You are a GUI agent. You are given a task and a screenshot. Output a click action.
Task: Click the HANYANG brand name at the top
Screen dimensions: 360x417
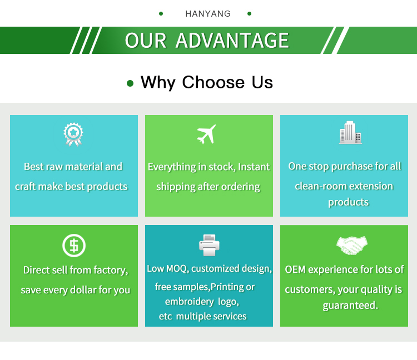click(x=208, y=14)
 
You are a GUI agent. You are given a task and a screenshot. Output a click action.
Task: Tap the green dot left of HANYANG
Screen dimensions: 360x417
click(x=161, y=13)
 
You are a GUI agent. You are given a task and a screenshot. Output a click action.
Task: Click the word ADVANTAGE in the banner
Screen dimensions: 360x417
click(x=232, y=41)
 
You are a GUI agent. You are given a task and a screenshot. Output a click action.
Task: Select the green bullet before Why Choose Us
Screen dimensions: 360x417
click(x=130, y=83)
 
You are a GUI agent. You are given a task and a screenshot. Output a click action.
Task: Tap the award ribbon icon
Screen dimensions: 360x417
click(x=73, y=134)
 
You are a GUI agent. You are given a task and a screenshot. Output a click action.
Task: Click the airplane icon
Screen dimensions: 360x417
click(x=206, y=134)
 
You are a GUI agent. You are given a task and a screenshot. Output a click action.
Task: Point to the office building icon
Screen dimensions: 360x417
click(x=350, y=133)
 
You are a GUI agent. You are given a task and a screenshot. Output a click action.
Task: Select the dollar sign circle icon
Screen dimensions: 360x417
click(x=73, y=246)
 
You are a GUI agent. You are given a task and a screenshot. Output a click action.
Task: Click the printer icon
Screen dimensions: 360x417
click(x=209, y=245)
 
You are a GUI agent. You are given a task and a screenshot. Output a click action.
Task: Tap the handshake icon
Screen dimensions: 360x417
click(x=352, y=245)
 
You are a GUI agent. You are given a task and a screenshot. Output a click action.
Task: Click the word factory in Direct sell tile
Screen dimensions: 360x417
click(x=110, y=271)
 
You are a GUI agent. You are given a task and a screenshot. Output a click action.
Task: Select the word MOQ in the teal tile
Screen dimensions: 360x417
click(x=177, y=269)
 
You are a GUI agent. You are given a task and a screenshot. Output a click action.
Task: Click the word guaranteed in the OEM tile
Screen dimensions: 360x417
click(x=350, y=306)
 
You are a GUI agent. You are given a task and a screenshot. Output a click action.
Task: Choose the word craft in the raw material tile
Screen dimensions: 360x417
click(x=26, y=187)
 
